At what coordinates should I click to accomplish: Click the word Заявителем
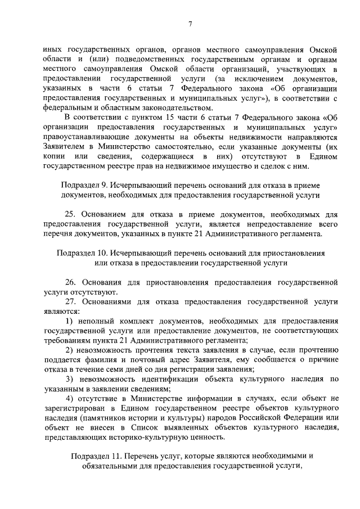[65, 146]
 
